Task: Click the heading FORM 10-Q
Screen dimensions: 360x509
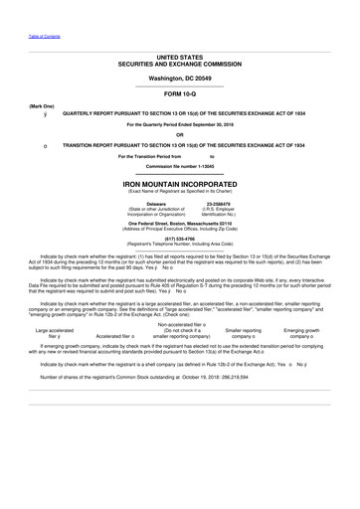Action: coord(180,92)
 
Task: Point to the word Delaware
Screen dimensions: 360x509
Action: coord(134,202)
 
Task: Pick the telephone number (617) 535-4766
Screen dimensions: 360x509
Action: coord(180,239)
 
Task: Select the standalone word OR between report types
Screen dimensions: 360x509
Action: coord(180,134)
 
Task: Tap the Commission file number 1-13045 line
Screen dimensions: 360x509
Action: coord(180,164)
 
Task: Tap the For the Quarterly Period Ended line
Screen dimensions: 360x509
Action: coord(180,124)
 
